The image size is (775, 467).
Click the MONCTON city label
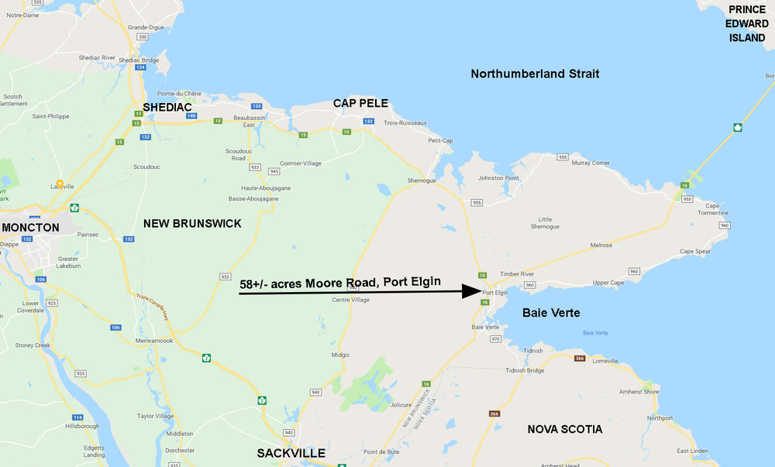[30, 228]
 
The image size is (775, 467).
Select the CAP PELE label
[360, 103]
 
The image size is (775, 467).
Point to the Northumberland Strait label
[535, 74]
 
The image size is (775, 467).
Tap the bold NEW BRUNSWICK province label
[192, 223]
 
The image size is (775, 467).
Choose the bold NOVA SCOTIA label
[564, 429]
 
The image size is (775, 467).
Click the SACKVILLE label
[291, 453]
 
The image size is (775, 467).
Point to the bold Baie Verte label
[551, 313]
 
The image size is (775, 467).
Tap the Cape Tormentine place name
[701, 210]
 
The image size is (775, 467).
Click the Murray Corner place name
[591, 163]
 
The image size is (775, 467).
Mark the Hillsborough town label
[83, 426]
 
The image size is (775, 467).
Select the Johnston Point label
[498, 178]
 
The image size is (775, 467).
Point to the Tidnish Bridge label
[537, 370]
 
